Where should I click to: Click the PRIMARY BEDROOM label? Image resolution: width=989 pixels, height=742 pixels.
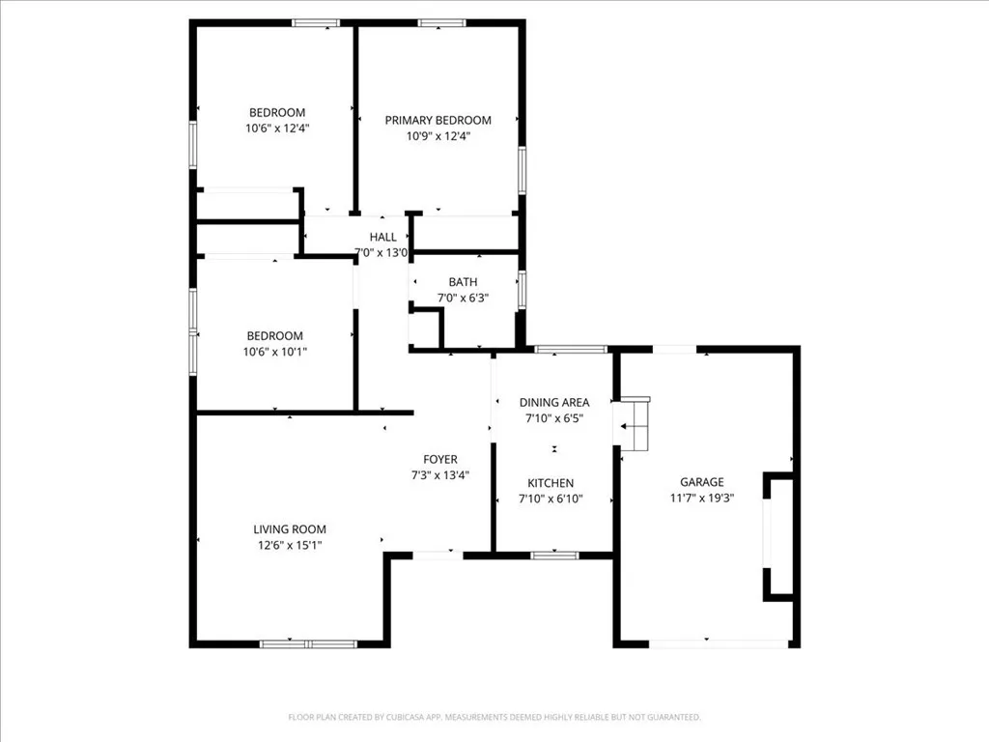coord(438,120)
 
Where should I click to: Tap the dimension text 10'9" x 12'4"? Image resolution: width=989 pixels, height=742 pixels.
coord(438,136)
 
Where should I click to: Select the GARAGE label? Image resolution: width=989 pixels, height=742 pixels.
coord(701,482)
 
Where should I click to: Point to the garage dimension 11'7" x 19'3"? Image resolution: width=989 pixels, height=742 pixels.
coord(701,499)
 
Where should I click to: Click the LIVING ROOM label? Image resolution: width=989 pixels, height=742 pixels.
coord(290,529)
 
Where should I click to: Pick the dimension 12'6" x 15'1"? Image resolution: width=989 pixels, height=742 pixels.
coord(290,545)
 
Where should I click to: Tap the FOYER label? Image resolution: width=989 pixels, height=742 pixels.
coord(440,459)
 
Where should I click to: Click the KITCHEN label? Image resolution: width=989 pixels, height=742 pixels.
coord(551,483)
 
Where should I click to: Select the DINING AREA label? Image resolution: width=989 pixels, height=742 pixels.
coord(553,402)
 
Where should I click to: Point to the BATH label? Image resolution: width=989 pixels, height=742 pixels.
coord(463,282)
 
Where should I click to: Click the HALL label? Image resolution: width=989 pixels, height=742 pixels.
coord(382,238)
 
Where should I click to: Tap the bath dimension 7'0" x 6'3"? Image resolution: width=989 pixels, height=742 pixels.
coord(463,299)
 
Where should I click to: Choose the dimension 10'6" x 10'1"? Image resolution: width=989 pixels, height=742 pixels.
coord(276,352)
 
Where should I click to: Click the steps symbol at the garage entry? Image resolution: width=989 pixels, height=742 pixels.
coord(635,425)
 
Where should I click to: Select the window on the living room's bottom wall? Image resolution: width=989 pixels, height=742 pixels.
coord(307,643)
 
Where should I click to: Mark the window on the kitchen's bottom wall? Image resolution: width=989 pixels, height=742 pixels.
coord(554,555)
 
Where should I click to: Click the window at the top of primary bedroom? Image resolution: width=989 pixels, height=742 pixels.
coord(439,23)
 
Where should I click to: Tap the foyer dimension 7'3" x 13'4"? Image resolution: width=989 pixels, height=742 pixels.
coord(440,474)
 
